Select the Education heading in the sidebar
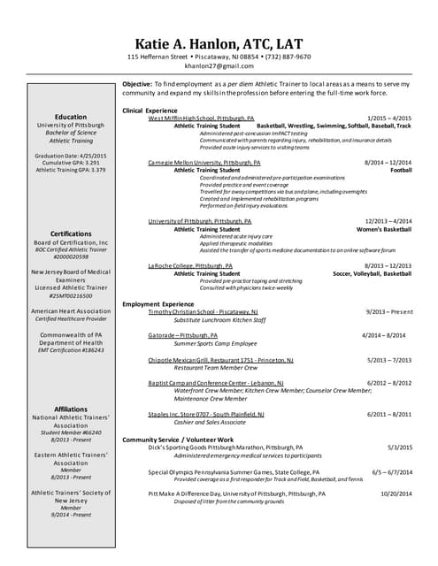click(x=71, y=117)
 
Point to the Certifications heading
click(x=71, y=234)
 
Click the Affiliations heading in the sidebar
click(x=71, y=409)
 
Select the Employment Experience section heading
click(x=165, y=304)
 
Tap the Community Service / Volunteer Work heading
click(x=178, y=440)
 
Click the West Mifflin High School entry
click(x=201, y=118)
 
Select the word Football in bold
click(x=401, y=171)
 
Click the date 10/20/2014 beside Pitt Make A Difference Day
click(x=394, y=494)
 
